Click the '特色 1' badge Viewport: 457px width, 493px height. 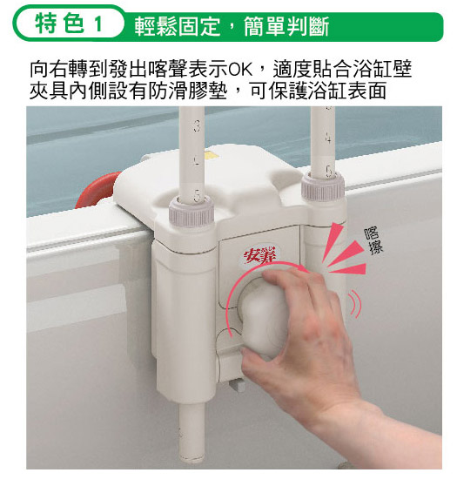[x=69, y=24]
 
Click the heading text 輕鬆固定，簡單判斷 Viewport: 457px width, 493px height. [x=232, y=26]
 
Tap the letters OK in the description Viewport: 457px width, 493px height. [x=240, y=70]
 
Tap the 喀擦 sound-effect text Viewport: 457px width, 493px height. [x=373, y=240]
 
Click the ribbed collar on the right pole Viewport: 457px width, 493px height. [x=323, y=187]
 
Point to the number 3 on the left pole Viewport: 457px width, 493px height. [x=197, y=125]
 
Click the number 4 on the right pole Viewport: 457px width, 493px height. [x=328, y=138]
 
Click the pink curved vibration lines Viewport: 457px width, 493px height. [x=355, y=304]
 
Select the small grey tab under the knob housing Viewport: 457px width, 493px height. [x=238, y=386]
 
